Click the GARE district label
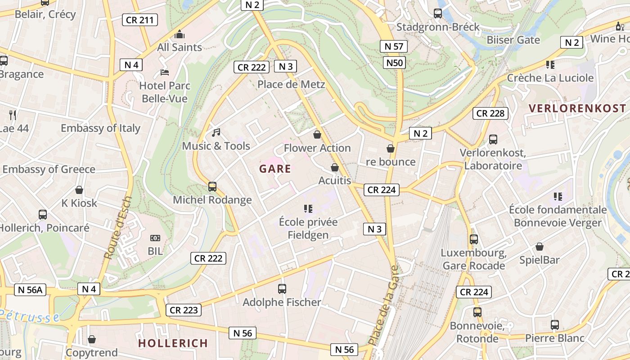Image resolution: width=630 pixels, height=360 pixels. pyautogui.click(x=275, y=169)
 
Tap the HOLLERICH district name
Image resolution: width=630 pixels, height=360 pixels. pyautogui.click(x=173, y=343)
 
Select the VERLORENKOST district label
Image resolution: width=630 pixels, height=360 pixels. pyautogui.click(x=577, y=108)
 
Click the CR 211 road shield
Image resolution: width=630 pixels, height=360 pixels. pyautogui.click(x=140, y=20)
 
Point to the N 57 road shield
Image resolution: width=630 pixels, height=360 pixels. pyautogui.click(x=394, y=46)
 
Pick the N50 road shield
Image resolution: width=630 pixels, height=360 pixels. pyautogui.click(x=395, y=62)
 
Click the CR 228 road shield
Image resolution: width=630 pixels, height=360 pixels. pyautogui.click(x=490, y=113)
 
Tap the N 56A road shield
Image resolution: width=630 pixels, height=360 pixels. pyautogui.click(x=31, y=290)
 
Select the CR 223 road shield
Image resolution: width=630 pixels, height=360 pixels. pyautogui.click(x=184, y=310)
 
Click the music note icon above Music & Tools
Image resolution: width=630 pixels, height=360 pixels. pyautogui.click(x=216, y=132)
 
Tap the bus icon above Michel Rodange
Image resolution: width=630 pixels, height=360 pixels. pyautogui.click(x=212, y=186)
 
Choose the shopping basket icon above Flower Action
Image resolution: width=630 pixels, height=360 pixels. pyautogui.click(x=317, y=135)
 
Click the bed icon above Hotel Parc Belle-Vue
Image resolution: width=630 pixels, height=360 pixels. pyautogui.click(x=165, y=72)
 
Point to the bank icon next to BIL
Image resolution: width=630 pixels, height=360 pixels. pyautogui.click(x=155, y=238)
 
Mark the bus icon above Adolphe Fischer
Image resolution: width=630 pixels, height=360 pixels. pyautogui.click(x=282, y=289)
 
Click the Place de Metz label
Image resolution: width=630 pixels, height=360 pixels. pyautogui.click(x=291, y=84)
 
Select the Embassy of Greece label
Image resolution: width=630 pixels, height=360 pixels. pyautogui.click(x=49, y=170)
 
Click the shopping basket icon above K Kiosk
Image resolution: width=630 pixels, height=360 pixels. pyautogui.click(x=79, y=190)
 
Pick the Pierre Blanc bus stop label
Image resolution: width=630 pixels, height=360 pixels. pyautogui.click(x=555, y=338)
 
